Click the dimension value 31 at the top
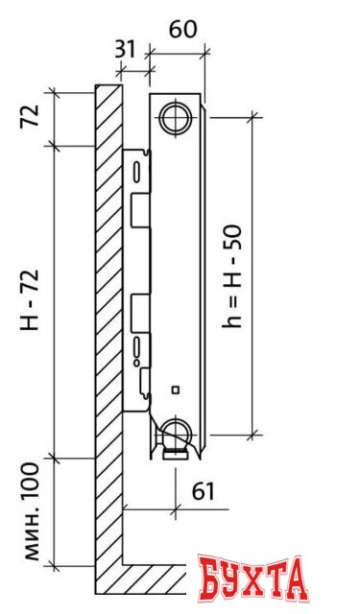click(125, 47)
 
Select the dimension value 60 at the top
click(182, 29)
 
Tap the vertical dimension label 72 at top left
click(30, 118)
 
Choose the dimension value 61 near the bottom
click(203, 491)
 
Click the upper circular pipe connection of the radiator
click(177, 119)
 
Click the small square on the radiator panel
click(175, 390)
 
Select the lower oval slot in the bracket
click(138, 346)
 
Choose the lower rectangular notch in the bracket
click(140, 309)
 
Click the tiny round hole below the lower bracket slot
click(137, 365)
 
